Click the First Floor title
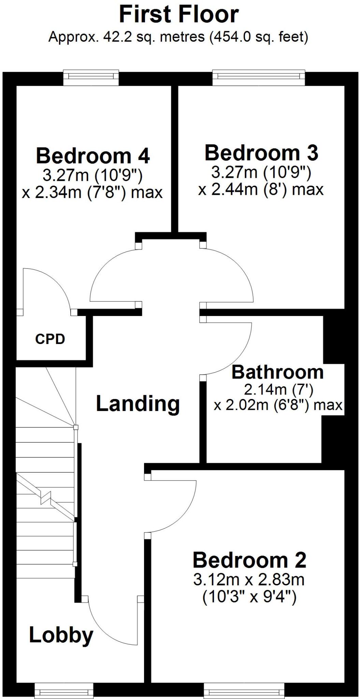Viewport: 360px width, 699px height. point(179,15)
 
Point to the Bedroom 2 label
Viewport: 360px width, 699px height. point(249,560)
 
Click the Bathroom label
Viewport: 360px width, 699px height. point(277,372)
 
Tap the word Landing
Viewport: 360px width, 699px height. point(138,403)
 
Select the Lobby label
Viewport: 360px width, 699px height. point(61,635)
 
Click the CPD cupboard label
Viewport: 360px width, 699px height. point(50,339)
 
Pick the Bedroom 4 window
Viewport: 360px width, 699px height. point(91,78)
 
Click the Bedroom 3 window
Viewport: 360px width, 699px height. point(258,78)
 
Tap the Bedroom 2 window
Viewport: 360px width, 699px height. point(244,692)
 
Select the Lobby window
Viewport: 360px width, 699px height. point(64,692)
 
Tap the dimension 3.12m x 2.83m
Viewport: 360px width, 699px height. point(248,580)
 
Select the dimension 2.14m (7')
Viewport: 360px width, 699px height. point(278,389)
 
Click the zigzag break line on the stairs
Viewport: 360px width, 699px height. point(45,497)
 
